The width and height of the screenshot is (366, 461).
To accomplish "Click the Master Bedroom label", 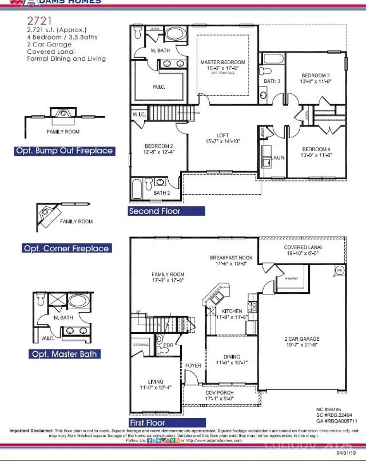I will [222, 62].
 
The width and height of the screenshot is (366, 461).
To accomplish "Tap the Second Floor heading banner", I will [166, 211].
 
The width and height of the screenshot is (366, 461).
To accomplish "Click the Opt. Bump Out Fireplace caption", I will [64, 151].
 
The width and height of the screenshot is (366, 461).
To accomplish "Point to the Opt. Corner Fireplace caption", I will [66, 249].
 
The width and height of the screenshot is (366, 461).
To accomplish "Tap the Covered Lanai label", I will [303, 247].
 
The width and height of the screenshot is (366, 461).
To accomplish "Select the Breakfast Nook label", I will [230, 258].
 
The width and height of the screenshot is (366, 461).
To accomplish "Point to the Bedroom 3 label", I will [316, 76].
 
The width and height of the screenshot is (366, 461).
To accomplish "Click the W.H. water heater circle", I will [339, 270].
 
